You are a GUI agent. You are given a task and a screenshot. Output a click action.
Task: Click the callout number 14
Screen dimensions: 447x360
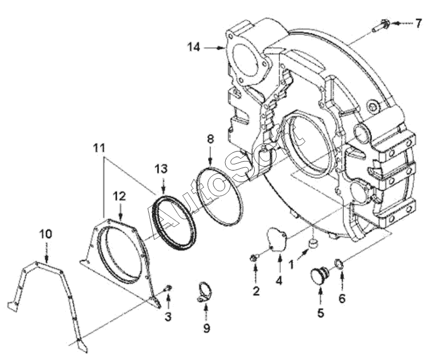point(193,47)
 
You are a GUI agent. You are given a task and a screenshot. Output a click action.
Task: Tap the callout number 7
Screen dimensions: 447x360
point(417,23)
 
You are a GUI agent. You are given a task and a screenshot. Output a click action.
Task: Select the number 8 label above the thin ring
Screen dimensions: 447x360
point(210,139)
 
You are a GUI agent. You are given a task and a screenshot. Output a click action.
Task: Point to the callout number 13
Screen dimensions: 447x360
point(161,169)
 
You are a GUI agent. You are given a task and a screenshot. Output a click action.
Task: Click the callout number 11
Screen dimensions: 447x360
point(99,148)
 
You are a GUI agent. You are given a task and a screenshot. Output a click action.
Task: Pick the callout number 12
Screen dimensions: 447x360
point(119,196)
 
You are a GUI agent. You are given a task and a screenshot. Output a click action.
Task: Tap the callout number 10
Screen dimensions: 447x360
point(46,234)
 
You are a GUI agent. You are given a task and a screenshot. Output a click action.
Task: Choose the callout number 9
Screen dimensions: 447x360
point(206,328)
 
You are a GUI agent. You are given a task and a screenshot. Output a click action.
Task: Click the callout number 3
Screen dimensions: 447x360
point(168,317)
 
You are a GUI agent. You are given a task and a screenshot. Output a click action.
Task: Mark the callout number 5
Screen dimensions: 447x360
point(320,313)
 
